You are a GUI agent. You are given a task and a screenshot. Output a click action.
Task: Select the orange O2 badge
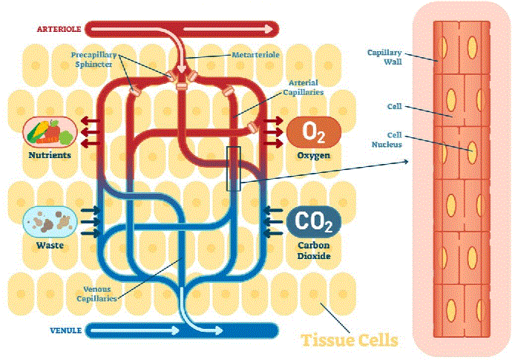click(x=315, y=133)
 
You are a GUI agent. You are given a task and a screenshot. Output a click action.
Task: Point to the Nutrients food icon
click(x=50, y=132)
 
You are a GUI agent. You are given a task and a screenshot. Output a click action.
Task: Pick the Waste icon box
click(x=50, y=220)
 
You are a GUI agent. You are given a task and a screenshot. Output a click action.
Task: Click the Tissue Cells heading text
click(x=349, y=341)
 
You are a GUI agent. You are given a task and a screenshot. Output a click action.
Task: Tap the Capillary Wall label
click(x=384, y=57)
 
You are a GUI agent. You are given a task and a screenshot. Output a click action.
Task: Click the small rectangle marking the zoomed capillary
click(x=234, y=168)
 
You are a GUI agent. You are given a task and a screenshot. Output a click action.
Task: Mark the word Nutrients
click(x=49, y=155)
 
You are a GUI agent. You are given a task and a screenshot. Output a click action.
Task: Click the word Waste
click(x=49, y=244)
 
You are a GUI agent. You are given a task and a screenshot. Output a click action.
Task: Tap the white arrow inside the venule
click(x=134, y=329)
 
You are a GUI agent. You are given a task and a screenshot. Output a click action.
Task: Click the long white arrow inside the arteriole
click(x=223, y=30)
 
